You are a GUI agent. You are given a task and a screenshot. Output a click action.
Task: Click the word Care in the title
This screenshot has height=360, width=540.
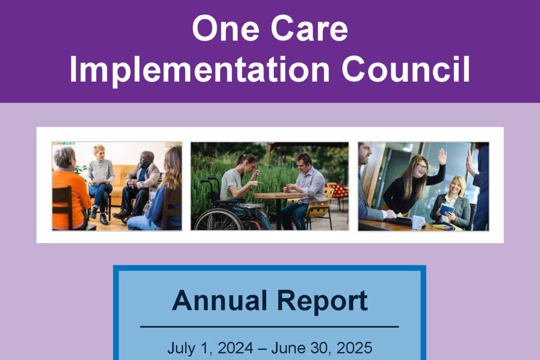[310, 28]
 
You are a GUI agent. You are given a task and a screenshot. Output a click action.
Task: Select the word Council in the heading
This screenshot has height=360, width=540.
[406, 69]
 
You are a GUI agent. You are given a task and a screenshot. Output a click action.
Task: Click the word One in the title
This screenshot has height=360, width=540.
[226, 28]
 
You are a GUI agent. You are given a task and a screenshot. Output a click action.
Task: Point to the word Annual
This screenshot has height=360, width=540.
[220, 300]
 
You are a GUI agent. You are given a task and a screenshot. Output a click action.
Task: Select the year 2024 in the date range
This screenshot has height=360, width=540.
[235, 348]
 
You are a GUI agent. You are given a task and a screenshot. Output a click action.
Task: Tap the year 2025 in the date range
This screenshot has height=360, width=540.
[354, 348]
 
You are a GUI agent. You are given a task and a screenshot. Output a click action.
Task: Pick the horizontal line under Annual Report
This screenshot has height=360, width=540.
[269, 327]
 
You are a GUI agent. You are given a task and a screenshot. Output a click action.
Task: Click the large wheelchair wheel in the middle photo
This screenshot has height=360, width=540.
[218, 220]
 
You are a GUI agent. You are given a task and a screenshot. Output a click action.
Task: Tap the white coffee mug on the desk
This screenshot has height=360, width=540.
[418, 222]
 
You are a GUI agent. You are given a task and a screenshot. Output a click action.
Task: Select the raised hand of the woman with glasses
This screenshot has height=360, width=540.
[442, 157]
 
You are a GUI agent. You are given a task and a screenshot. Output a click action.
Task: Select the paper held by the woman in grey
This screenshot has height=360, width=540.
[100, 180]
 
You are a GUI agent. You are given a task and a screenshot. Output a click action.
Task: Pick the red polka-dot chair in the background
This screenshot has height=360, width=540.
[337, 193]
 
